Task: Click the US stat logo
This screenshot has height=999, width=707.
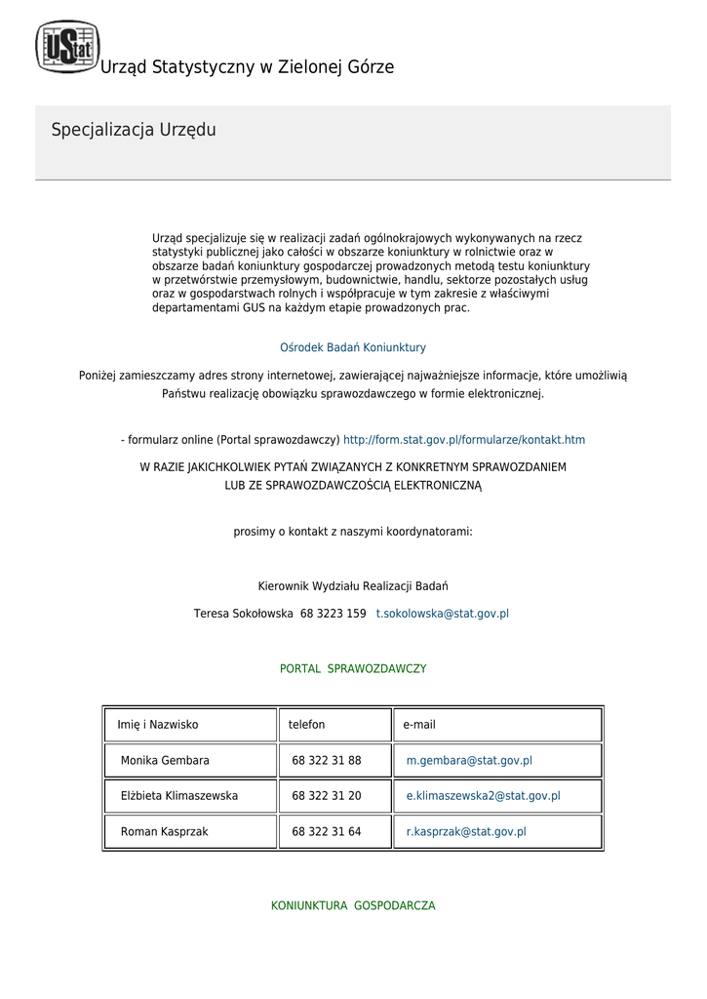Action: tap(67, 46)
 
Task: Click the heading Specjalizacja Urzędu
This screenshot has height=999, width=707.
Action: tap(134, 130)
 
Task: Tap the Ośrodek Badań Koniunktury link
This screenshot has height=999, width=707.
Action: tap(353, 347)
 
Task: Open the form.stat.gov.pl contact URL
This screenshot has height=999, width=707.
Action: tap(464, 440)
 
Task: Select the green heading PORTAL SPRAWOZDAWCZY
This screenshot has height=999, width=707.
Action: tap(353, 669)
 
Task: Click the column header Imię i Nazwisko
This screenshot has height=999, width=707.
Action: tap(158, 725)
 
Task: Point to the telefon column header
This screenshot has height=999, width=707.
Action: tap(307, 725)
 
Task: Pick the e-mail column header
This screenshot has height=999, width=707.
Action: tap(419, 725)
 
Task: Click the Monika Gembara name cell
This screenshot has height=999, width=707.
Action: tap(165, 760)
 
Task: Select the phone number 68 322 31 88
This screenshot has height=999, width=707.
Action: tap(327, 760)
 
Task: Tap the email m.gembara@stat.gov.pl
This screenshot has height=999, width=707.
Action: tap(469, 760)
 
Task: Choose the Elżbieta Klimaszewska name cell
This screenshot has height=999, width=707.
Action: tap(179, 796)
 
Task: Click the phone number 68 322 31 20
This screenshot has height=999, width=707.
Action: tap(327, 796)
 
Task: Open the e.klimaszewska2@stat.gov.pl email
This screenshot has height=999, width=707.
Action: tap(484, 796)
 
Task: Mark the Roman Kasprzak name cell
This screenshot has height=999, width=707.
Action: tap(164, 832)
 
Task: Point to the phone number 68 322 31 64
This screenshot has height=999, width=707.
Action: tap(327, 832)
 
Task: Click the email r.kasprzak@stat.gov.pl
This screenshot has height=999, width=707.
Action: tap(466, 832)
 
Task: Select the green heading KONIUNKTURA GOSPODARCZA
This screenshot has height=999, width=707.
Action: tap(353, 906)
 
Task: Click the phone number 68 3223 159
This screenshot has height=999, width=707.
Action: tap(334, 614)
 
